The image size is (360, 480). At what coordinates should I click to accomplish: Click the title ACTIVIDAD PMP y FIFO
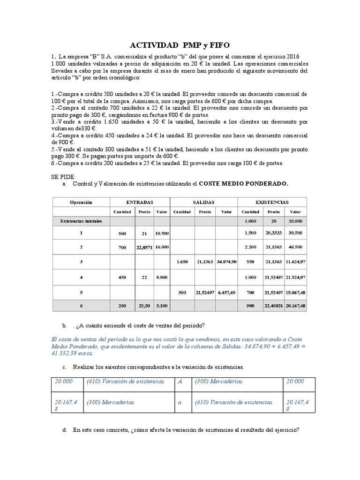click(x=180, y=45)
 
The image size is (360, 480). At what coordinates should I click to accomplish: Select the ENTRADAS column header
click(x=139, y=202)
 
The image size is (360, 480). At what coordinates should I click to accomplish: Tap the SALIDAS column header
click(x=203, y=202)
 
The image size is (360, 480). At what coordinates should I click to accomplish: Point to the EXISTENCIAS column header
click(x=271, y=202)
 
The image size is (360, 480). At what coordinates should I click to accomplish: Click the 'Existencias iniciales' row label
click(x=81, y=220)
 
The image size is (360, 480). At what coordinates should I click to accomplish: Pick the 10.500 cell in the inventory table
click(x=161, y=233)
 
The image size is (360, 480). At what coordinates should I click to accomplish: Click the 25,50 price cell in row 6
click(x=144, y=306)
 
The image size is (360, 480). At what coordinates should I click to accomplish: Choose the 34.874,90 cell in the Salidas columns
click(x=226, y=262)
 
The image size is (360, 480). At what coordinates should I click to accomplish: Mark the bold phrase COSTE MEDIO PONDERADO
click(x=244, y=184)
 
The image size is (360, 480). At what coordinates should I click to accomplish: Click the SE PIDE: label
click(x=62, y=177)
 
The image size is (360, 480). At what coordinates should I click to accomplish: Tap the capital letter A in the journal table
click(x=179, y=382)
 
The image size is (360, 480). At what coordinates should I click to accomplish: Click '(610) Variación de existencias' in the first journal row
click(x=125, y=382)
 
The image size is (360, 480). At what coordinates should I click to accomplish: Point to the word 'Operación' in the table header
click(x=81, y=202)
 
